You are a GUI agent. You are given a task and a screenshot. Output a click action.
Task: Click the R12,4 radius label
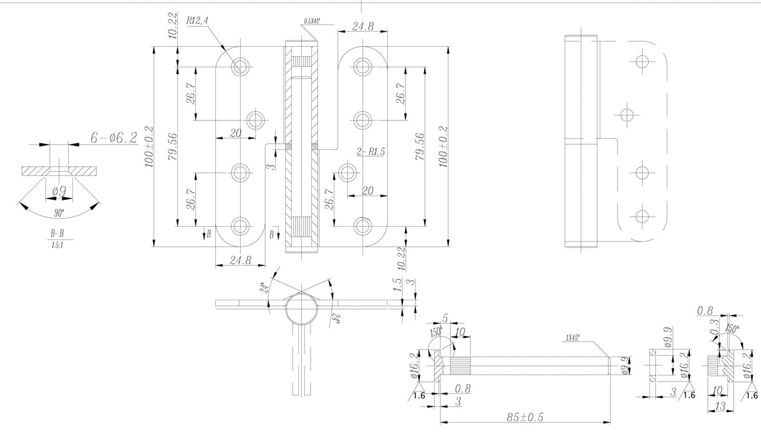coord(197,20)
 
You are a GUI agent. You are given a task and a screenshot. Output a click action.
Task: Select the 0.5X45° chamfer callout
coord(313,21)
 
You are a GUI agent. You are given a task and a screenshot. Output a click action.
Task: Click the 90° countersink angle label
coord(59,213)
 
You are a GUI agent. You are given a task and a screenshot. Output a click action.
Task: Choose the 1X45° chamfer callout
coord(572,338)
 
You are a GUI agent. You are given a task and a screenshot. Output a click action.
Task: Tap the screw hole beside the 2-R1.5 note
coord(347,170)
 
